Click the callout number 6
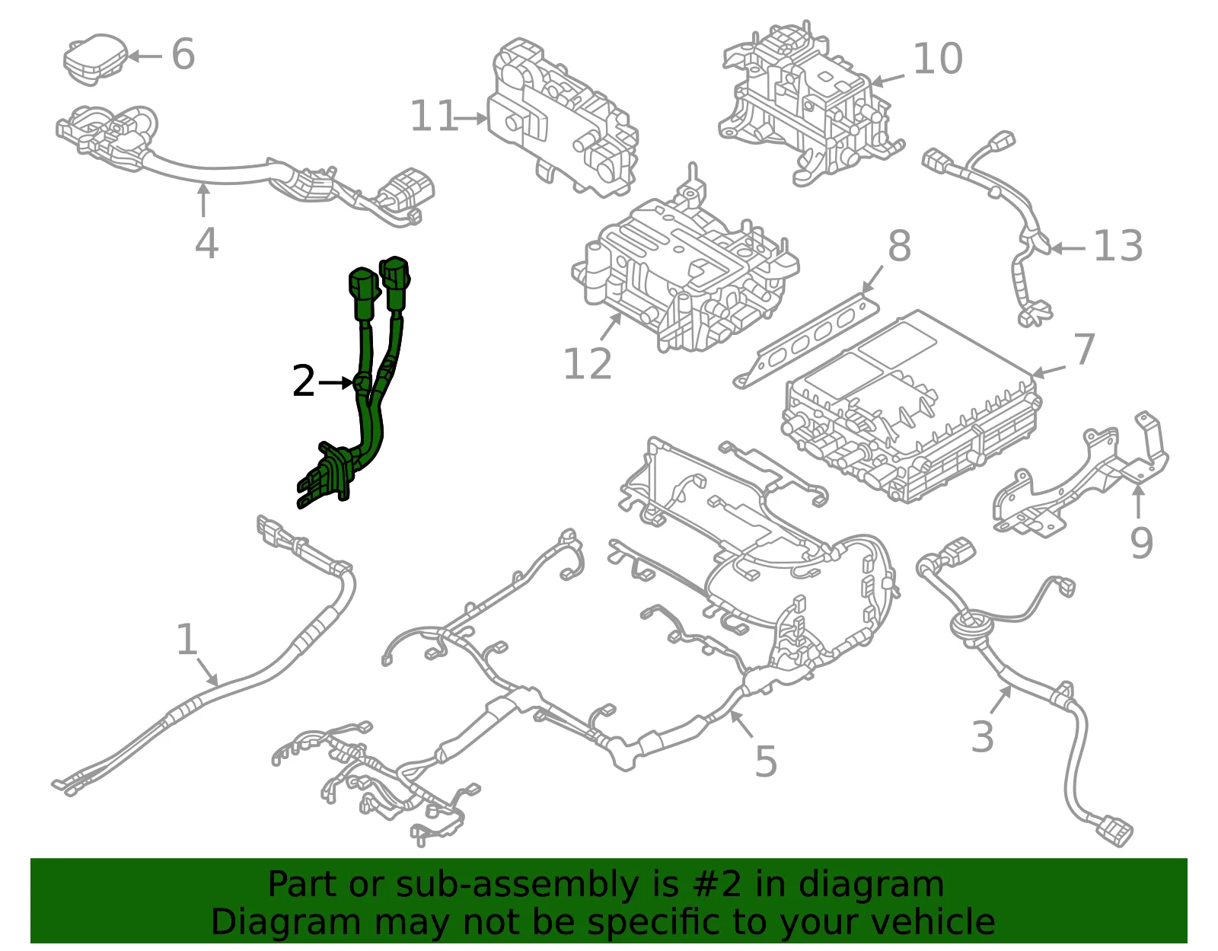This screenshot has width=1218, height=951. pyautogui.click(x=183, y=54)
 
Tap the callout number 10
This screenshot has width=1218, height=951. pyautogui.click(x=938, y=59)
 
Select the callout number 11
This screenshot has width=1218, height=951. pyautogui.click(x=435, y=116)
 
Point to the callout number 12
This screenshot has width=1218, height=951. pyautogui.click(x=587, y=364)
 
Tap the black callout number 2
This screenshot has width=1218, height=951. pyautogui.click(x=303, y=381)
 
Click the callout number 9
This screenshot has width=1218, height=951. pyautogui.click(x=1141, y=542)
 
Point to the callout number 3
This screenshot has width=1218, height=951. pyautogui.click(x=982, y=737)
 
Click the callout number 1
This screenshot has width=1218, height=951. pyautogui.click(x=187, y=639)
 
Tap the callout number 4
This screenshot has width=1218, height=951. pyautogui.click(x=206, y=243)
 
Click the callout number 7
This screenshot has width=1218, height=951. pyautogui.click(x=1084, y=349)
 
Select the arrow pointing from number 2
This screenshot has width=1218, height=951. pyautogui.click(x=336, y=383)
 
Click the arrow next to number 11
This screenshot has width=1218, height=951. pyautogui.click(x=470, y=119)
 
